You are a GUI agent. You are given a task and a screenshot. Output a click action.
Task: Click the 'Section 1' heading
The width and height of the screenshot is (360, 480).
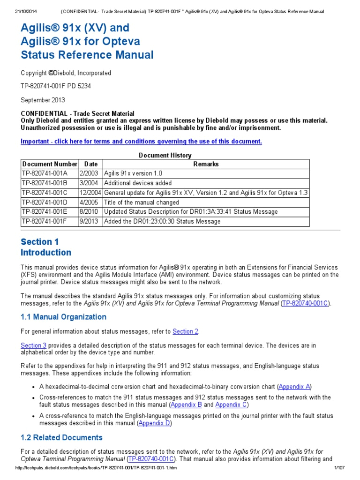(x=40, y=242)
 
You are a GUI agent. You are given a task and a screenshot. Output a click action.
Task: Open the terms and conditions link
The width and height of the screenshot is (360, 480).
(x=142, y=142)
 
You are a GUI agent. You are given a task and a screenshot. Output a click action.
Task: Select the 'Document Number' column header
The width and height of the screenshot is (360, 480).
(x=50, y=164)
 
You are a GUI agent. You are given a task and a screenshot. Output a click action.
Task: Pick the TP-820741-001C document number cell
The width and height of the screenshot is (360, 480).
(x=45, y=193)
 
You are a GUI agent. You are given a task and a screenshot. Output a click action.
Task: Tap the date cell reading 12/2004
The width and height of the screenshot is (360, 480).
(x=91, y=193)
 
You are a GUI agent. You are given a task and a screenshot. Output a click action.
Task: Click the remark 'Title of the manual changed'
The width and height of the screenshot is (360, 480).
(x=142, y=202)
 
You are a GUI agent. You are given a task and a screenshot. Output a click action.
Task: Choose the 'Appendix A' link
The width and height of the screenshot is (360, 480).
(x=294, y=387)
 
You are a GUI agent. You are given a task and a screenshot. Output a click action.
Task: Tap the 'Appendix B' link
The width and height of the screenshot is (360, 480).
(x=186, y=405)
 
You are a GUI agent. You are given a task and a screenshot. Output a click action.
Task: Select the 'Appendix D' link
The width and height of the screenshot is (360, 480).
(x=155, y=423)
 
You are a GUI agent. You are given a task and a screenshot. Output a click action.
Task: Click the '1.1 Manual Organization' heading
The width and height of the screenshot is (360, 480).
(x=64, y=317)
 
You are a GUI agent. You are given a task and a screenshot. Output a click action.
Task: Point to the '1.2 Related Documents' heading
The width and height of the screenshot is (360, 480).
(x=61, y=437)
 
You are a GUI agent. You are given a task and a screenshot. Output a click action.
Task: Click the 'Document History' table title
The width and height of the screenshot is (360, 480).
(x=165, y=155)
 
